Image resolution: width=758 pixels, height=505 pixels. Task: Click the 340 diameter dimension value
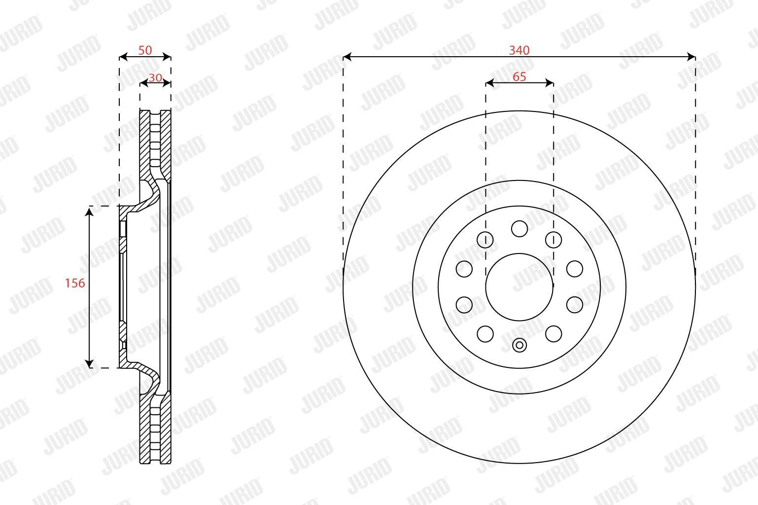coord(519,50)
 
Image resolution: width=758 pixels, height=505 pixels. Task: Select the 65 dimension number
coord(519,77)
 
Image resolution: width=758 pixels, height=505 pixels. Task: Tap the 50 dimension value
coord(145,50)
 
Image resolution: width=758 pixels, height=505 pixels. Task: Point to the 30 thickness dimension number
coord(155,78)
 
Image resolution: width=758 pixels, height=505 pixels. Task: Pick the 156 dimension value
coord(75,283)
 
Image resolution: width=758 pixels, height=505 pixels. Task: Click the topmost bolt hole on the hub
coord(519,229)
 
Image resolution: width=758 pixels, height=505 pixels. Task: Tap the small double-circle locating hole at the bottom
coord(519,346)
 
